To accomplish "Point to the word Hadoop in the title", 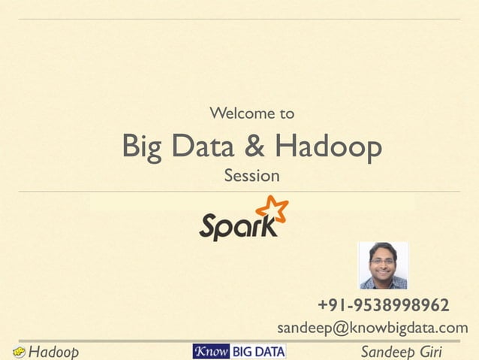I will [x=328, y=148].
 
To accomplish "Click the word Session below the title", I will [x=252, y=177].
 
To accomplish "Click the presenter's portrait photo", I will [x=383, y=265].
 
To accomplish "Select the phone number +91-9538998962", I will [x=384, y=306].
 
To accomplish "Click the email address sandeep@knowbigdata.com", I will [x=372, y=328].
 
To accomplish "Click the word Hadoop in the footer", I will [x=54, y=352].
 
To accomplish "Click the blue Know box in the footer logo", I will [x=211, y=351].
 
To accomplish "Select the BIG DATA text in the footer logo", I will [x=257, y=351].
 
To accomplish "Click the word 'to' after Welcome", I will [x=286, y=114].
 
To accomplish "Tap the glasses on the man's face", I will [x=382, y=260].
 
